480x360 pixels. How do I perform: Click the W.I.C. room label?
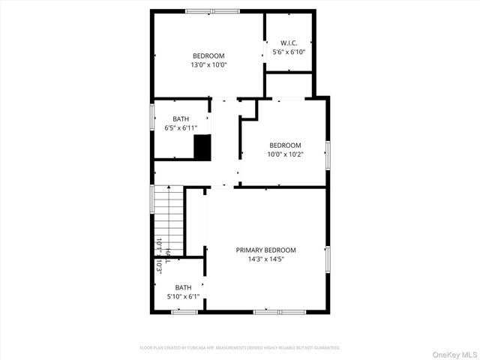click(x=288, y=43)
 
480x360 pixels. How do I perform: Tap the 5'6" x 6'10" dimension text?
click(x=288, y=52)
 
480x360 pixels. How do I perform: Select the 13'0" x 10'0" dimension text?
click(x=208, y=64)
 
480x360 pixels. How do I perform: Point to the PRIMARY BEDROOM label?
click(x=265, y=250)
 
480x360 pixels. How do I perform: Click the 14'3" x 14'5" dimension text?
click(x=265, y=259)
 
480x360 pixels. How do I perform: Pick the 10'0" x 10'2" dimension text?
click(x=285, y=154)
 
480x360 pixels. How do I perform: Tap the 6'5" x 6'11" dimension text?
click(x=181, y=127)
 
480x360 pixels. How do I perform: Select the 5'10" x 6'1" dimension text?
click(x=183, y=297)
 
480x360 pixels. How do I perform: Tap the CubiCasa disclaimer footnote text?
click(x=240, y=348)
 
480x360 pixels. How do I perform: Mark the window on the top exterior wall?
click(x=212, y=11)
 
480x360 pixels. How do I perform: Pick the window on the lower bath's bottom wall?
click(x=184, y=311)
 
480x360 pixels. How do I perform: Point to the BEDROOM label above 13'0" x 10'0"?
click(x=208, y=55)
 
